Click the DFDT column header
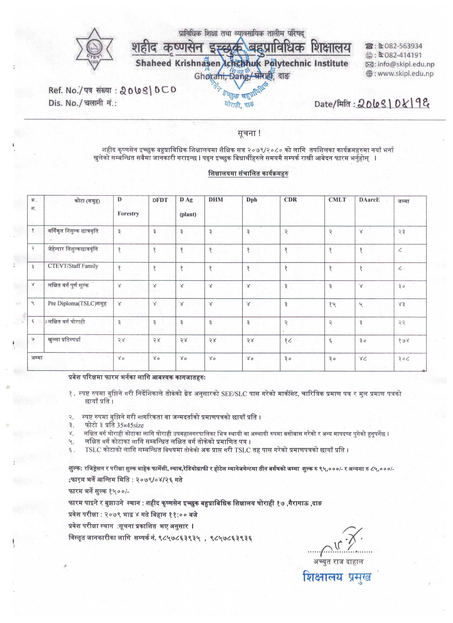[x=160, y=200]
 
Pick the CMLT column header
[x=337, y=200]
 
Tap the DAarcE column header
[x=369, y=200]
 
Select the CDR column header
[x=290, y=200]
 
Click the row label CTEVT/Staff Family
[x=73, y=266]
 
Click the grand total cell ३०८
[x=404, y=359]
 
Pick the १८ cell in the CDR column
[x=287, y=341]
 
